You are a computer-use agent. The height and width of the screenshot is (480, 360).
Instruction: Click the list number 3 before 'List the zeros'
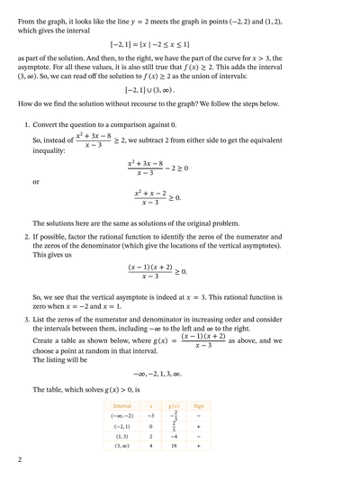tap(26, 320)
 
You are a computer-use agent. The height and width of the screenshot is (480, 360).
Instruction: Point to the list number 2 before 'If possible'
tap(26, 236)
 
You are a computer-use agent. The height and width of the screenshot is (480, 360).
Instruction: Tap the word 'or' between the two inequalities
tap(36, 182)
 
